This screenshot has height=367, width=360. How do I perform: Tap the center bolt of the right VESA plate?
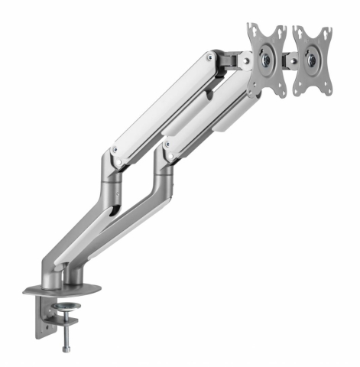coord(313,58)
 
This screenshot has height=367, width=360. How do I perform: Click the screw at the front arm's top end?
coord(210,57)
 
